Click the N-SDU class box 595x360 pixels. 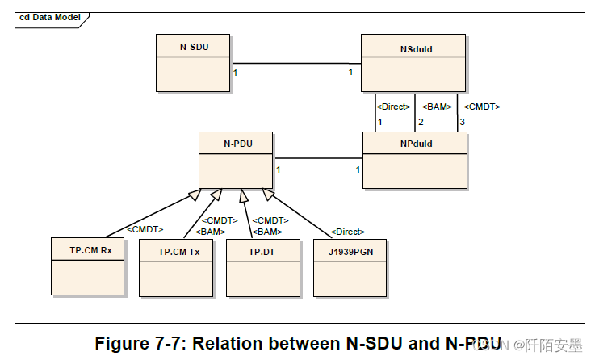click(x=193, y=63)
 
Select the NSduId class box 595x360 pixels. click(x=413, y=63)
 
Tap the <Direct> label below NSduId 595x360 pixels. click(x=393, y=107)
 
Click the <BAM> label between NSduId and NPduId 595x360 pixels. click(x=436, y=107)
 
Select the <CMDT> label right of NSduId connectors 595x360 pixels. click(x=481, y=107)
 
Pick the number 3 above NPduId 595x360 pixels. click(x=462, y=122)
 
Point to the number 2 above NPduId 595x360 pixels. click(x=419, y=122)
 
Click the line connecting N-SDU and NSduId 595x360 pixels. click(x=295, y=63)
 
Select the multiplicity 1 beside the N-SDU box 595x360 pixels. click(x=235, y=73)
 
